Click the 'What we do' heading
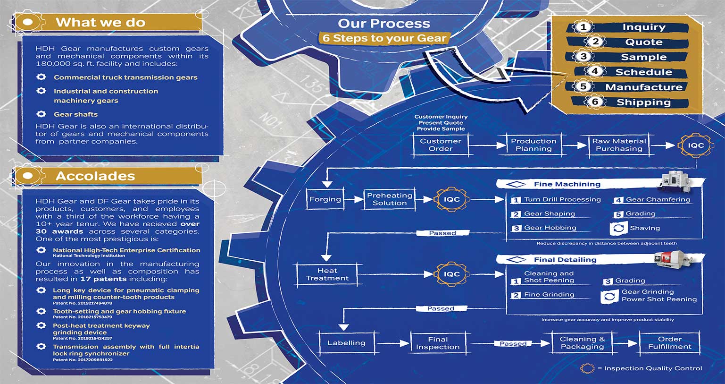100,22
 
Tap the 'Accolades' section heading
95,176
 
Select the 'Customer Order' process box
441,145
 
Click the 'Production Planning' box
533,145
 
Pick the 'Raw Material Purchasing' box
619,145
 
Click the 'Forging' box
325,199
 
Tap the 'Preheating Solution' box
390,199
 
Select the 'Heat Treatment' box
327,274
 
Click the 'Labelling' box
346,343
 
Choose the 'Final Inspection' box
438,343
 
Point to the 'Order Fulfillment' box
669,343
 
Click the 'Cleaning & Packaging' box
582,343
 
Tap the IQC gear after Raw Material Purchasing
695,145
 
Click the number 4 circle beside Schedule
595,71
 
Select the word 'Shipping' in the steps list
643,102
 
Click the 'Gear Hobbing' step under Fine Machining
550,228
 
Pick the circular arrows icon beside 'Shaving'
617,229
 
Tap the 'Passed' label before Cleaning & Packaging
513,344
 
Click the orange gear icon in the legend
587,368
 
